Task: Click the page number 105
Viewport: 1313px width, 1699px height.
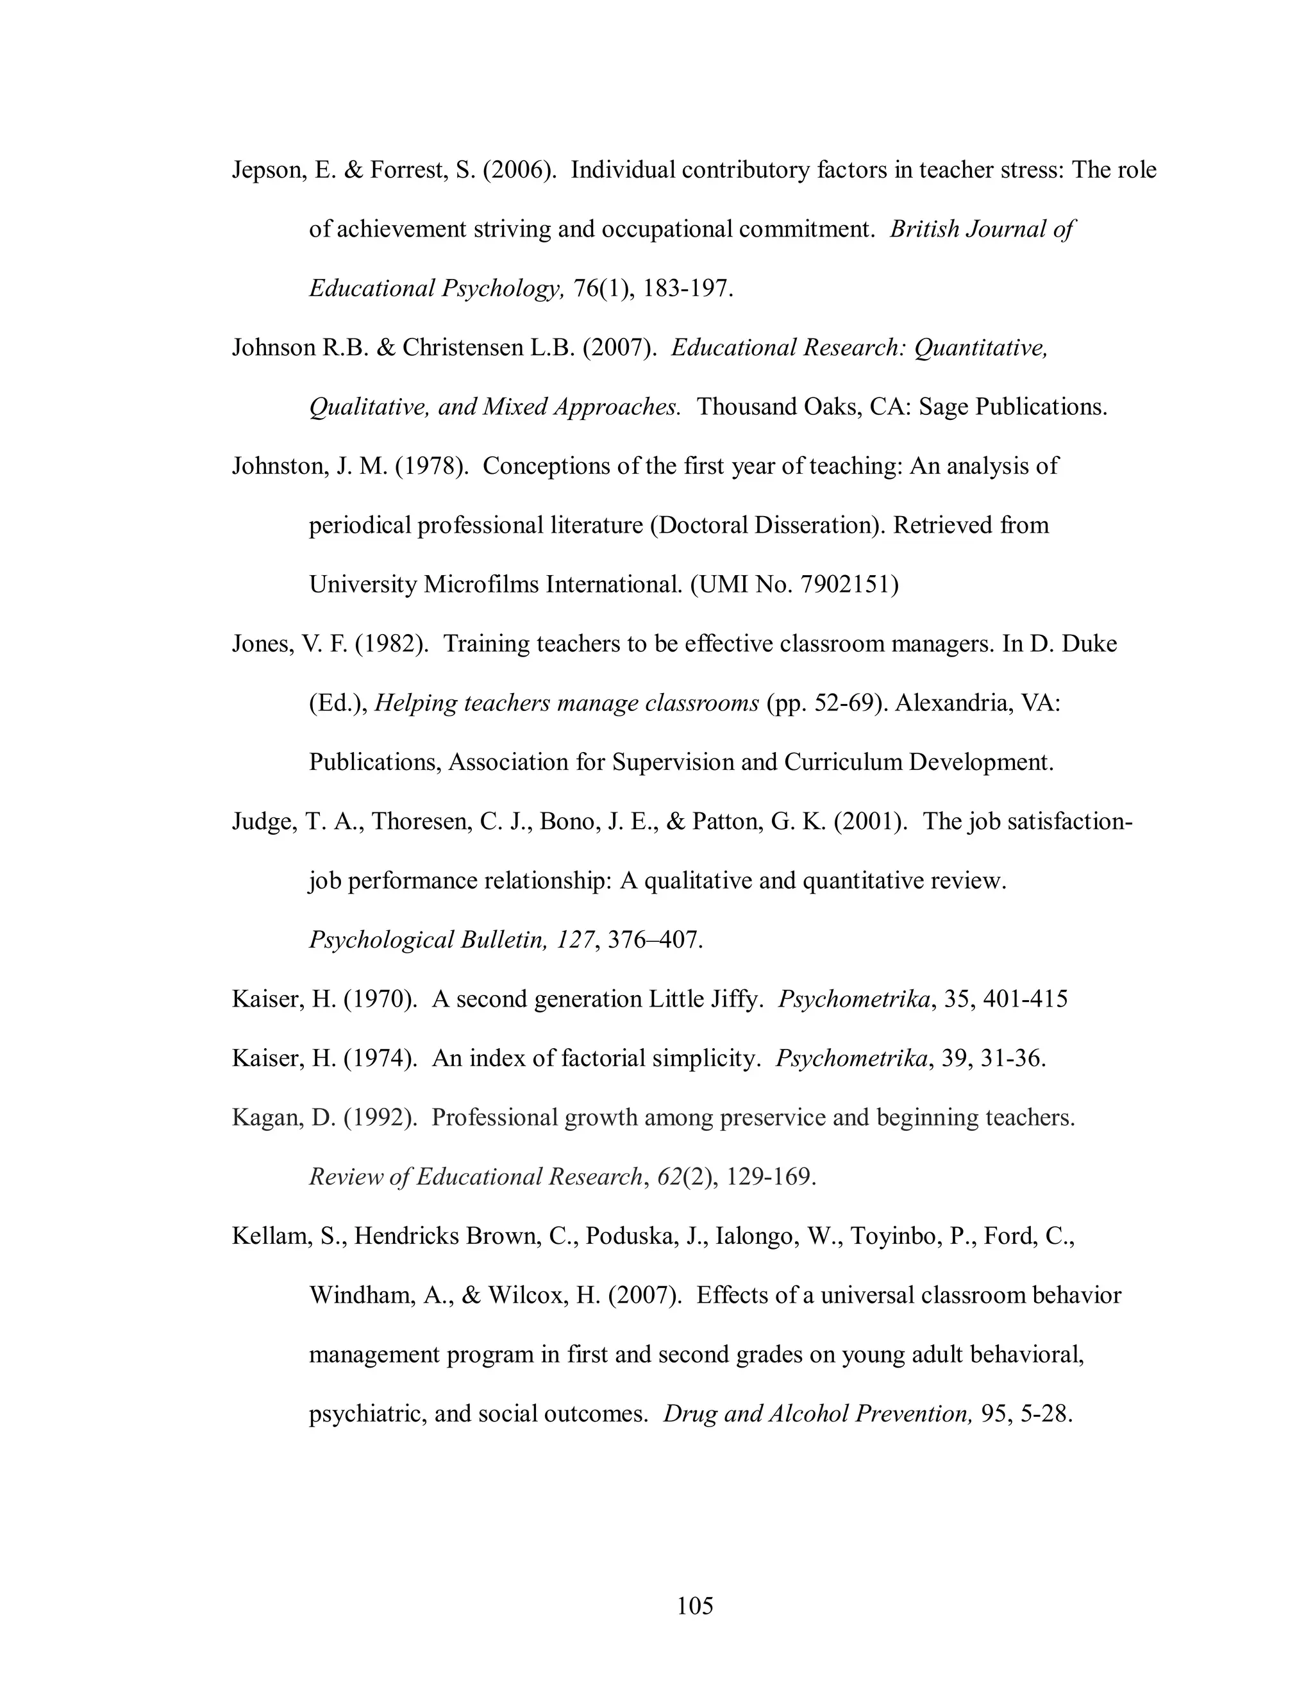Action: tap(694, 1605)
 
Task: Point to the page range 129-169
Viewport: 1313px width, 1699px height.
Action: tap(769, 1177)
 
